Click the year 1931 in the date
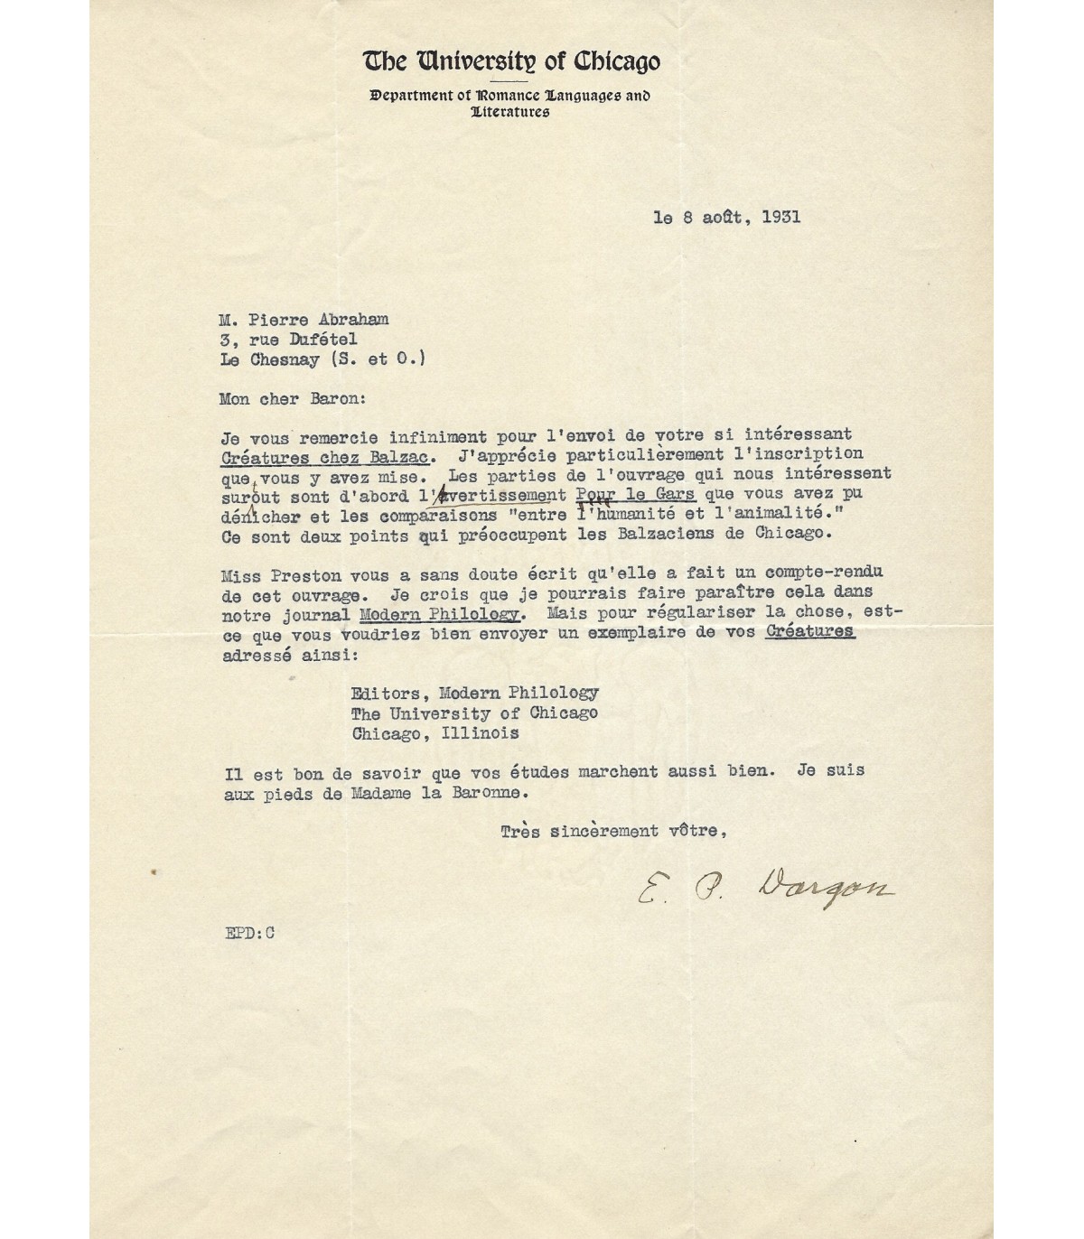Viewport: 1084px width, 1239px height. (x=780, y=218)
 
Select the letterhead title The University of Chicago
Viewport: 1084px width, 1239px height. (x=511, y=61)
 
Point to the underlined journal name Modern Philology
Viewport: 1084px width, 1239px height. (x=440, y=615)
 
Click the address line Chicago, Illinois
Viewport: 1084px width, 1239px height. (x=435, y=733)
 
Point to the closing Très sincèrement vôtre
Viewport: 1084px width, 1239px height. (x=614, y=832)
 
